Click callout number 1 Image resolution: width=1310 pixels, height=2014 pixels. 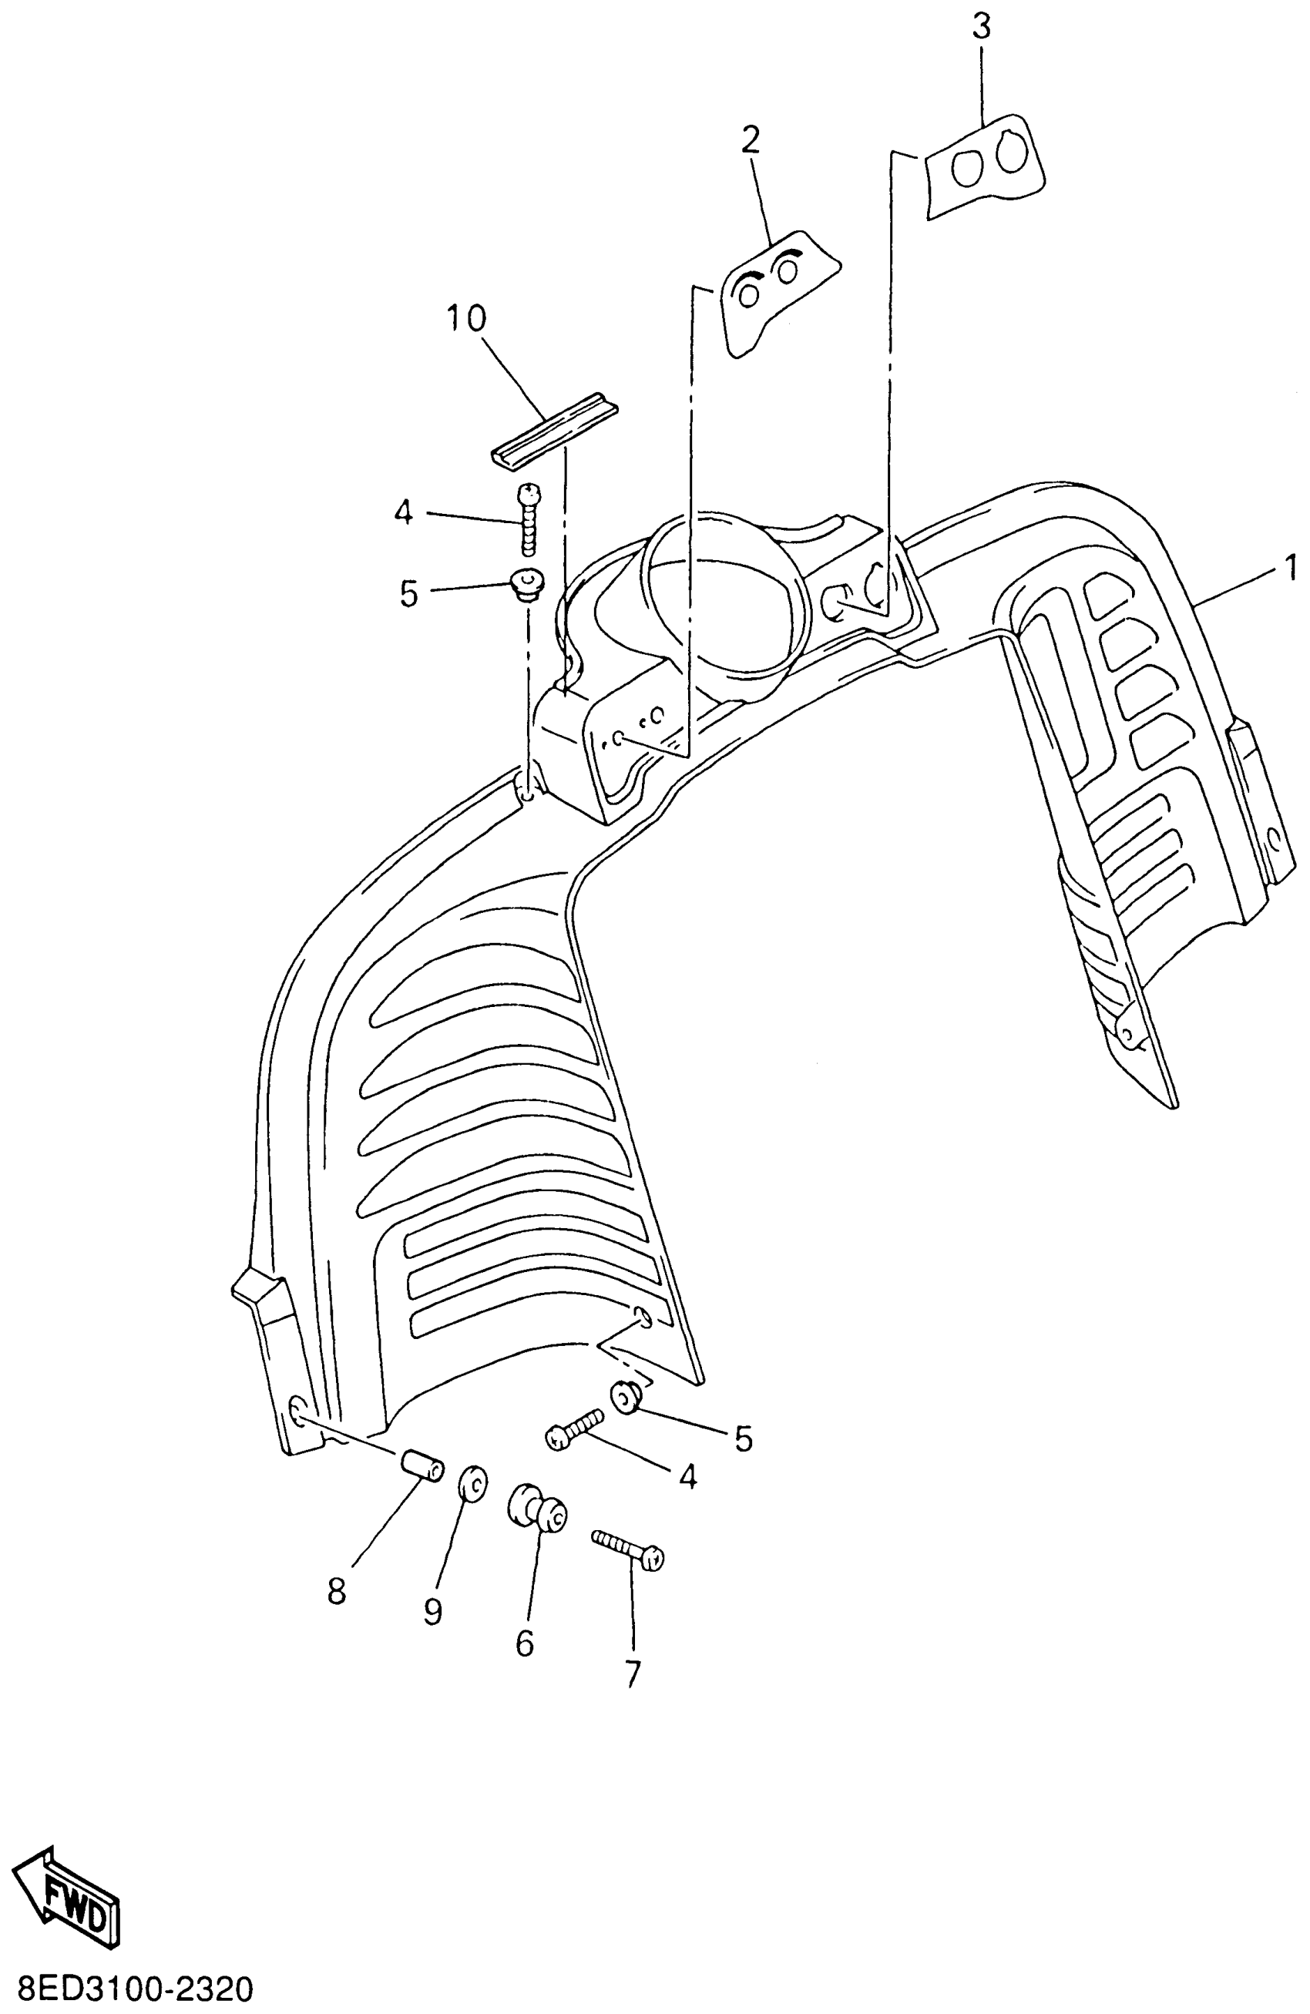(x=1290, y=567)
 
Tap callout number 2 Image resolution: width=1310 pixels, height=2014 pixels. (x=750, y=140)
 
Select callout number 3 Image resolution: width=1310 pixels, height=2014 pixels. (x=981, y=27)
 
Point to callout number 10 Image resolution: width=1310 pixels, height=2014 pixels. (x=466, y=319)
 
